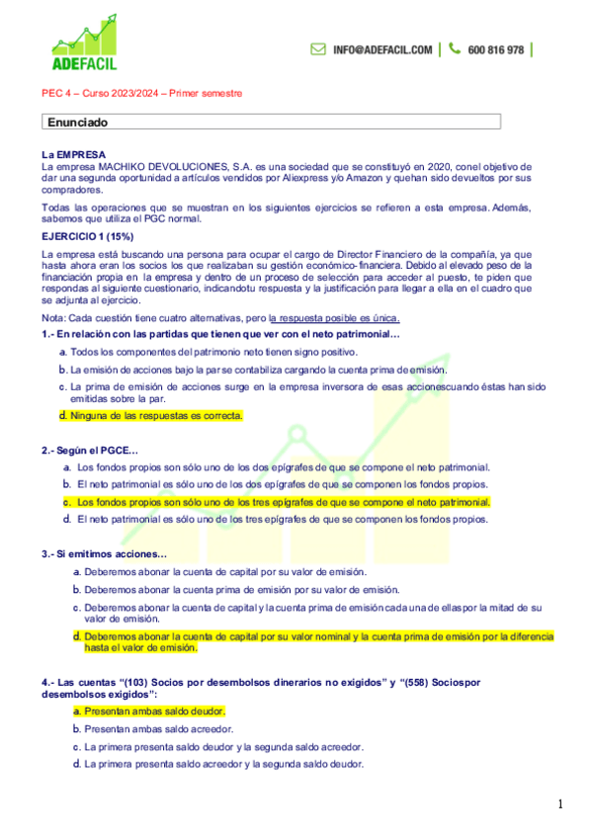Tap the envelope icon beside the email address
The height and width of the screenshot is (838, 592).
point(318,48)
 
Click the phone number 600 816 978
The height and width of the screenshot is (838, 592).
point(495,49)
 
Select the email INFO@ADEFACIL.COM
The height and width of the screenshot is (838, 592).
point(382,49)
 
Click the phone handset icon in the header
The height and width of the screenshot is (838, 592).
point(454,48)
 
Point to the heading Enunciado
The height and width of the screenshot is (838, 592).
point(78,123)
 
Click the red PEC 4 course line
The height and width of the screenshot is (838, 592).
point(141,93)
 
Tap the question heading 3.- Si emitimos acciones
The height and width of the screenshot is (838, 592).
point(105,554)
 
